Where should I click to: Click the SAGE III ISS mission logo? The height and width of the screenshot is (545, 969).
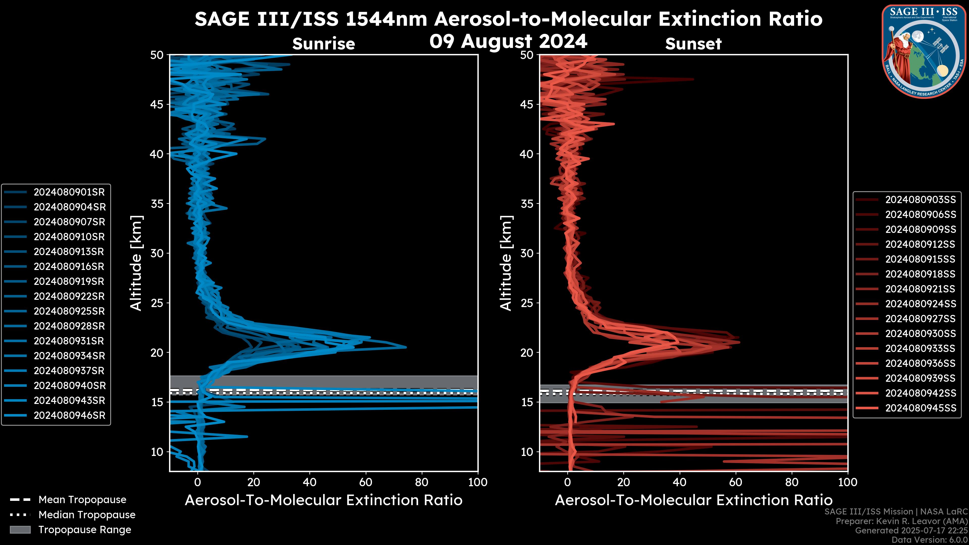[924, 51]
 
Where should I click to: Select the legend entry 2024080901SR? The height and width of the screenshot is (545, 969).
[69, 192]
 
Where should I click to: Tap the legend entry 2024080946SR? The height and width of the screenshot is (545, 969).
[69, 416]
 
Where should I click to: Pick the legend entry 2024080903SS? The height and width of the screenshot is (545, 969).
[920, 200]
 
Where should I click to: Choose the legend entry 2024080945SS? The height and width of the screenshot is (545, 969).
[920, 408]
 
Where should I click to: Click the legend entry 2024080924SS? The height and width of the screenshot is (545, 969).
[920, 304]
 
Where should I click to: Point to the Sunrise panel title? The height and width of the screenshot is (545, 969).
[324, 44]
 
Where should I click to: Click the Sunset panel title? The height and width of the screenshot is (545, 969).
[693, 44]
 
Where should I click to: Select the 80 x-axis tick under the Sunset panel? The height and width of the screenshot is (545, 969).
[792, 482]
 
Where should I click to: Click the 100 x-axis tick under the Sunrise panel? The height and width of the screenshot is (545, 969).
[478, 482]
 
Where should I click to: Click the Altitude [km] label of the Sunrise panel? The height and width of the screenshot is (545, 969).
[136, 263]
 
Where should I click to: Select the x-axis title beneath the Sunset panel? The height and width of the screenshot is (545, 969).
[693, 500]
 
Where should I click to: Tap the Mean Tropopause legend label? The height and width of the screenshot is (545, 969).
[82, 500]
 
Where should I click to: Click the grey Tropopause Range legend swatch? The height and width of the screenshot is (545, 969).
[20, 530]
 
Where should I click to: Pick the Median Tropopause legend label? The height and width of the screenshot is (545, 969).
[87, 515]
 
